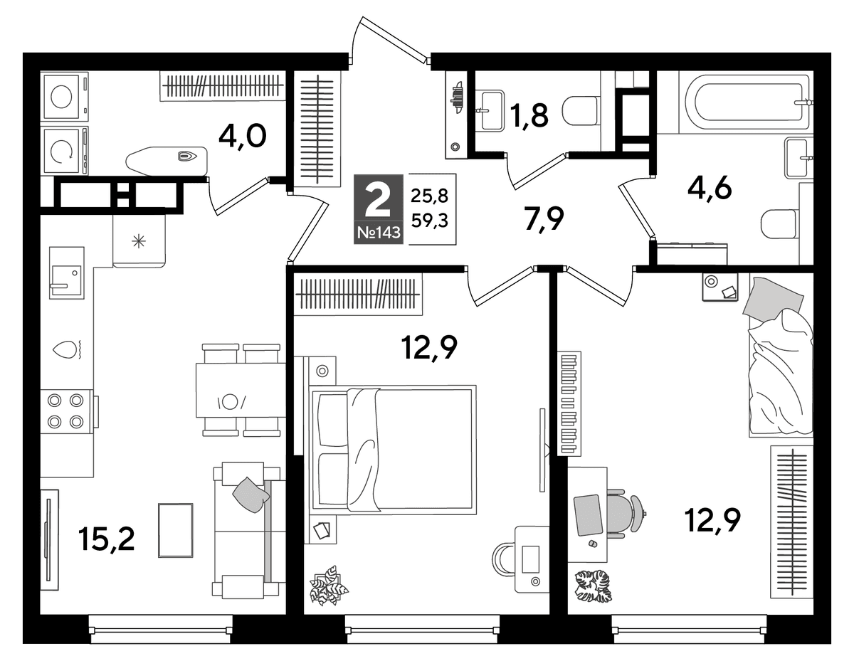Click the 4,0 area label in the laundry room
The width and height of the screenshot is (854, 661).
click(x=243, y=136)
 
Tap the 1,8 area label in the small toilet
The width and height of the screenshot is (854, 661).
click(x=529, y=115)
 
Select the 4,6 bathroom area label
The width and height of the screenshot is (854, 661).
click(x=710, y=187)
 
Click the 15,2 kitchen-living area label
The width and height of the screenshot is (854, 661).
click(x=107, y=539)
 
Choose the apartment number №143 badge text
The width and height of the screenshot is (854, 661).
click(x=379, y=233)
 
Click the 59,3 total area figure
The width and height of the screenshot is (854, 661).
click(x=430, y=221)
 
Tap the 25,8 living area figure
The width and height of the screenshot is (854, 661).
click(x=429, y=195)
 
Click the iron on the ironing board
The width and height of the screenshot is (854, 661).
click(x=187, y=156)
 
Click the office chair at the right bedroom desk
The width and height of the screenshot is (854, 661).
click(x=626, y=514)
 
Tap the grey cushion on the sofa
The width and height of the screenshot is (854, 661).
click(x=251, y=495)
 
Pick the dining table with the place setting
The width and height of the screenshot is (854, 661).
click(x=241, y=390)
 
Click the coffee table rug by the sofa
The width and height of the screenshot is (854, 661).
click(x=176, y=530)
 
